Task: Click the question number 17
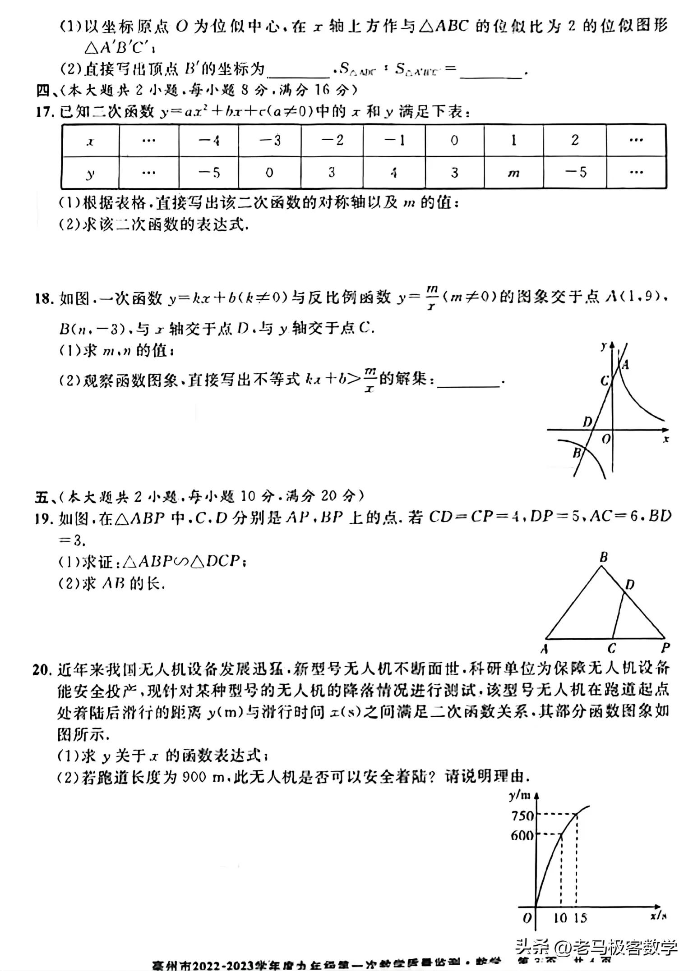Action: (46, 111)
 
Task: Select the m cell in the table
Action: (513, 173)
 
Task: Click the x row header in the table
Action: (90, 142)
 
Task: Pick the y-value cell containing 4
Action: (393, 173)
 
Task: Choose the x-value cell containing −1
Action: (393, 141)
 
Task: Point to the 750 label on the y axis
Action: (522, 815)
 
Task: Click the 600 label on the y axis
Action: (522, 835)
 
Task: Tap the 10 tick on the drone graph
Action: (560, 917)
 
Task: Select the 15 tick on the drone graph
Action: (580, 917)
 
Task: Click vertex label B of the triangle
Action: (604, 558)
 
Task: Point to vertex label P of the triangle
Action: (665, 648)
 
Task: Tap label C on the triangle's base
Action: (612, 648)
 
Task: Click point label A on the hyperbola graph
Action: (625, 365)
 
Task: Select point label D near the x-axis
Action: (587, 422)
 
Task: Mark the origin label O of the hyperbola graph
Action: (606, 438)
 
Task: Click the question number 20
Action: (42, 669)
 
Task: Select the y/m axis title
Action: (519, 795)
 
